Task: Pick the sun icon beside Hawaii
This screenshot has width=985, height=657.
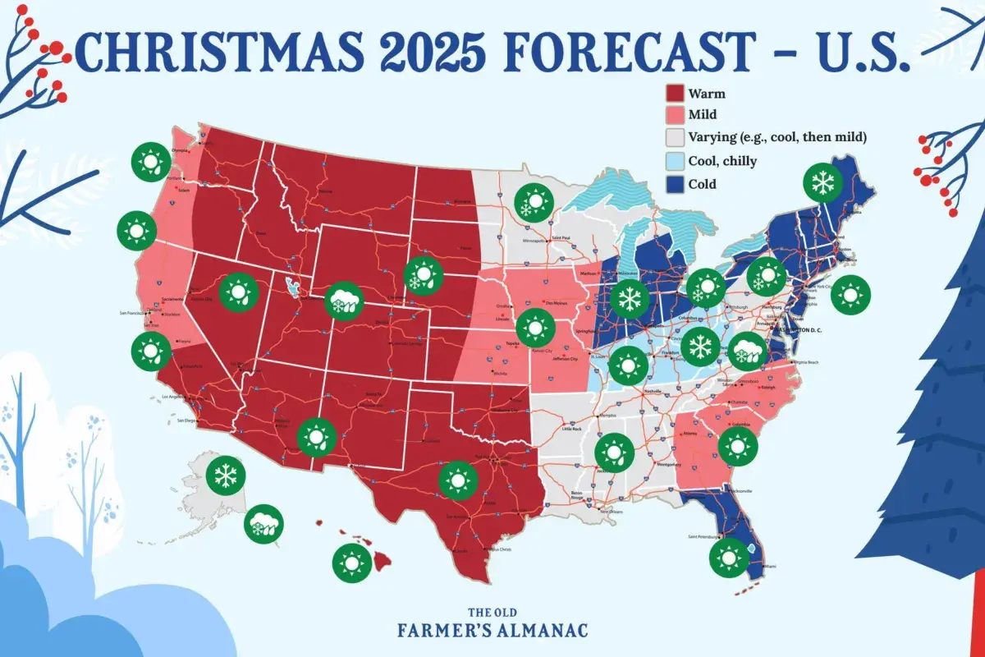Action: tap(352, 563)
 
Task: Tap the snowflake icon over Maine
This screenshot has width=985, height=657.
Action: tap(820, 183)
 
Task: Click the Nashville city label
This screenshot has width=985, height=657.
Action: tap(654, 391)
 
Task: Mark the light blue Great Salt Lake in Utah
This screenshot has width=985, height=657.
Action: tap(291, 285)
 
